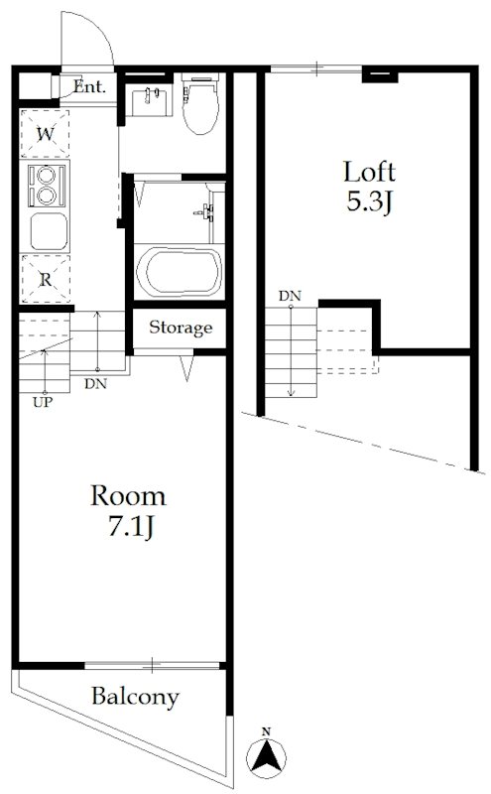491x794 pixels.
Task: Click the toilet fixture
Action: point(201,105)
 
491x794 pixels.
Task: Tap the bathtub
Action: point(180,272)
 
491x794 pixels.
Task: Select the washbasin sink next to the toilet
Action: point(149,99)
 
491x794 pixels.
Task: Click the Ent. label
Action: point(89,86)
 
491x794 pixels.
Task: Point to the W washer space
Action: point(45,134)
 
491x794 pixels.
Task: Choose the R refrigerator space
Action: point(45,279)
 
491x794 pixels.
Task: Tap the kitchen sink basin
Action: point(49,231)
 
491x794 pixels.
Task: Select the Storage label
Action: point(181,328)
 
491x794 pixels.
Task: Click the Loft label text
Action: point(370,172)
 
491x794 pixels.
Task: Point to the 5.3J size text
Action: point(370,201)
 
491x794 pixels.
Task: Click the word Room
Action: point(128,495)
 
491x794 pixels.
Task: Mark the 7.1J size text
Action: point(130,527)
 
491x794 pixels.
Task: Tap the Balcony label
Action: point(135,697)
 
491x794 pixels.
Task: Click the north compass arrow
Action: point(266,756)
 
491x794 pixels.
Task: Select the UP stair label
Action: point(43,403)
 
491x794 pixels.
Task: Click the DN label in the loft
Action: point(290,296)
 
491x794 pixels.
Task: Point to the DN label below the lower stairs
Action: point(95,384)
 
